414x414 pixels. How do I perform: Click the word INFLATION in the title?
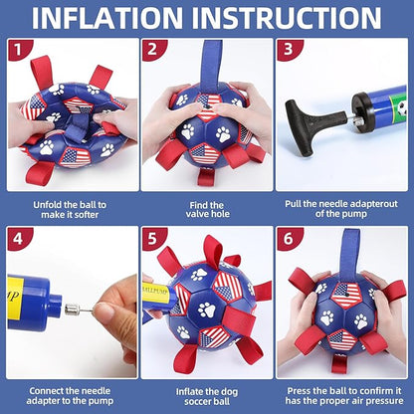pyautogui.click(x=107, y=18)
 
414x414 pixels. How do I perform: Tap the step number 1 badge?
pyautogui.click(x=18, y=50)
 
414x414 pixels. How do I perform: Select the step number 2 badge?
pyautogui.click(x=152, y=50)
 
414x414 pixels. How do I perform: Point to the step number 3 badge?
pyautogui.click(x=288, y=50)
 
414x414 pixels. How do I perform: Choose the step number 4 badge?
pyautogui.click(x=18, y=238)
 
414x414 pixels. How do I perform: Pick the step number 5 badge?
pyautogui.click(x=152, y=238)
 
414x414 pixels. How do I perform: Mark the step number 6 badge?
pyautogui.click(x=288, y=238)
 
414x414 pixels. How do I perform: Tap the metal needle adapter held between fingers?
pyautogui.click(x=79, y=310)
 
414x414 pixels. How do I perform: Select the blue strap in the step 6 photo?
pyautogui.click(x=349, y=254)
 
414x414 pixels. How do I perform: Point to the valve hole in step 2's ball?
pyautogui.click(x=207, y=107)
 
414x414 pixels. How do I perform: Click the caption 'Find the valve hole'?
pyautogui.click(x=208, y=209)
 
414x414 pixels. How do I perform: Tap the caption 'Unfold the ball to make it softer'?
pyautogui.click(x=70, y=209)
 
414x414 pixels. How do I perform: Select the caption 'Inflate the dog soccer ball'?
pyautogui.click(x=207, y=396)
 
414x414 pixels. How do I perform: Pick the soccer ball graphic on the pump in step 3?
pyautogui.click(x=402, y=108)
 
